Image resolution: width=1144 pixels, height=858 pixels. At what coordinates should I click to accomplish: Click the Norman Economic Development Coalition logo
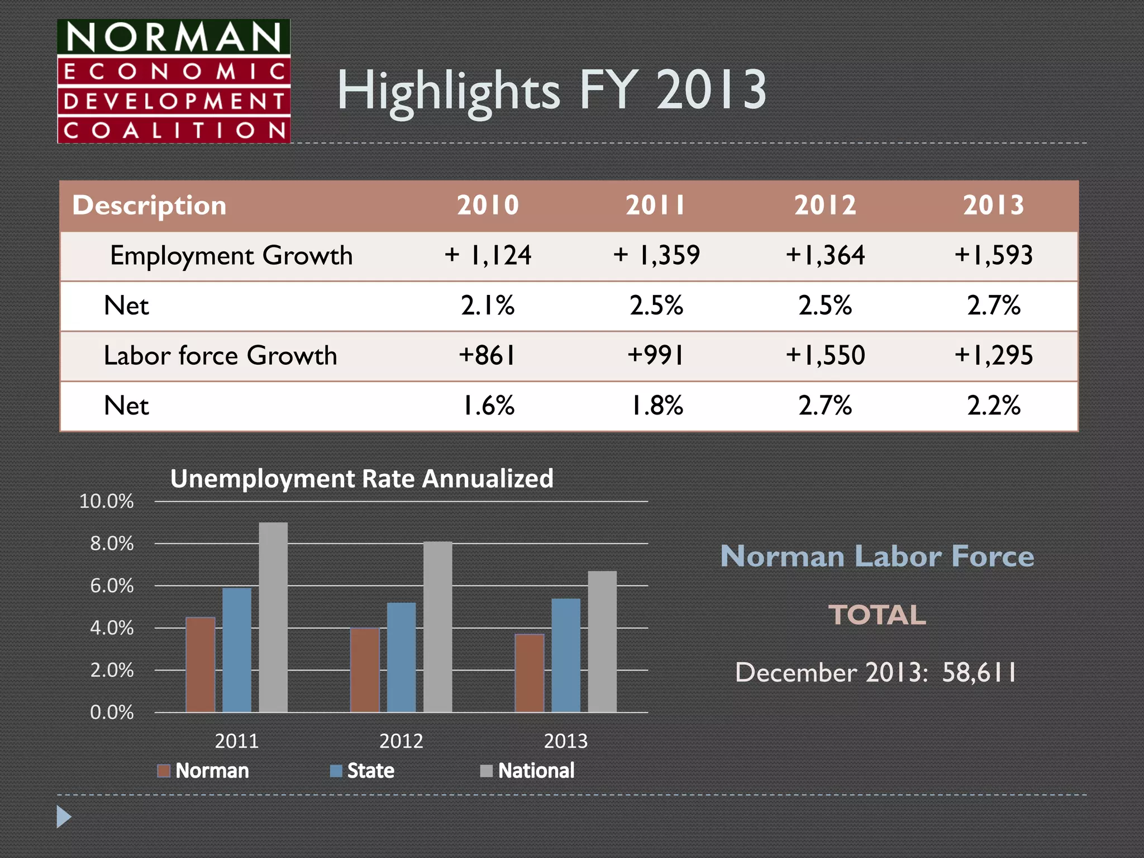coord(174,82)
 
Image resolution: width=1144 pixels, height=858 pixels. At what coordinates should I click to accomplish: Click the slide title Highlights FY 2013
coord(551,90)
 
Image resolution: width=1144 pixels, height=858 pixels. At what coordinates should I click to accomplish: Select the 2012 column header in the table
coord(825,205)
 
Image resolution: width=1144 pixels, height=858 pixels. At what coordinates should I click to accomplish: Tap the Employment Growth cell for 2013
coord(993,255)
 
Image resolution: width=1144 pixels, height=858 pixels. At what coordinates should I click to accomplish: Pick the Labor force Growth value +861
coord(487,355)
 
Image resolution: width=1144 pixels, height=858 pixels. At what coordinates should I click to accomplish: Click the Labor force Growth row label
coord(221,355)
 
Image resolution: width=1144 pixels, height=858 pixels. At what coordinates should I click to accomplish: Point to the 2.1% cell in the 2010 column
coord(488,306)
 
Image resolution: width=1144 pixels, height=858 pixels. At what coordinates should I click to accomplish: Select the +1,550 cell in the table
coord(825,355)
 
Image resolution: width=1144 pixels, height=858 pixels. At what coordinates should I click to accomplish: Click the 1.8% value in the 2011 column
coord(656,406)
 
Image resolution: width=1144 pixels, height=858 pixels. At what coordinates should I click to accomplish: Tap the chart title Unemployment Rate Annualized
coord(362,479)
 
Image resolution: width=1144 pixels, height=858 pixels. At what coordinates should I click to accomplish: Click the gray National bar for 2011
coord(273,617)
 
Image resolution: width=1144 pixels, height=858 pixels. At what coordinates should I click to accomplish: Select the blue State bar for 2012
coord(401,657)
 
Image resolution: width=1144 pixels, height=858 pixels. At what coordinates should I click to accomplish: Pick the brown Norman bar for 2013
coord(529,673)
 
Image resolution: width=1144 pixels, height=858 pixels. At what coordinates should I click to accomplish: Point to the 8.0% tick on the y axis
coord(112,544)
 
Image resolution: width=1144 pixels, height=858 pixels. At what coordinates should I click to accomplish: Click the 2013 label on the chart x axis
coord(565,741)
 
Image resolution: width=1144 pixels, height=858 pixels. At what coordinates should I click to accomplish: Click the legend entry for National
coord(527,771)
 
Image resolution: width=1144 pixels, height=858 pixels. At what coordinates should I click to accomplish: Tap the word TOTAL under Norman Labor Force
coord(877,615)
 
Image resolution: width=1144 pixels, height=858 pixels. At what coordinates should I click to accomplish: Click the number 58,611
coord(979,673)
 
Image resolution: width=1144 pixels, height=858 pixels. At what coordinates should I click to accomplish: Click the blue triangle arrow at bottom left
coord(64,817)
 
